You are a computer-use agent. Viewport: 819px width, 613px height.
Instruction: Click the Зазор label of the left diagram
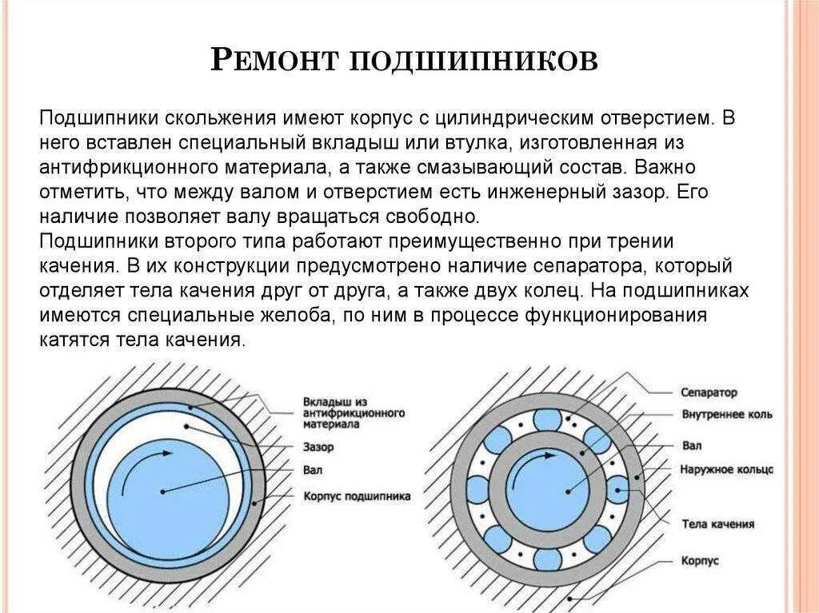pos(318,447)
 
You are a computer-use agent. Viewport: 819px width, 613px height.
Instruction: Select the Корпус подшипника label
pos(357,496)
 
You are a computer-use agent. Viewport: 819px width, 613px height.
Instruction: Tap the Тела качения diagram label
pos(717,524)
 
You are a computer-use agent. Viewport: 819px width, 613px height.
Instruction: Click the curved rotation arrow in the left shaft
pos(144,468)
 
